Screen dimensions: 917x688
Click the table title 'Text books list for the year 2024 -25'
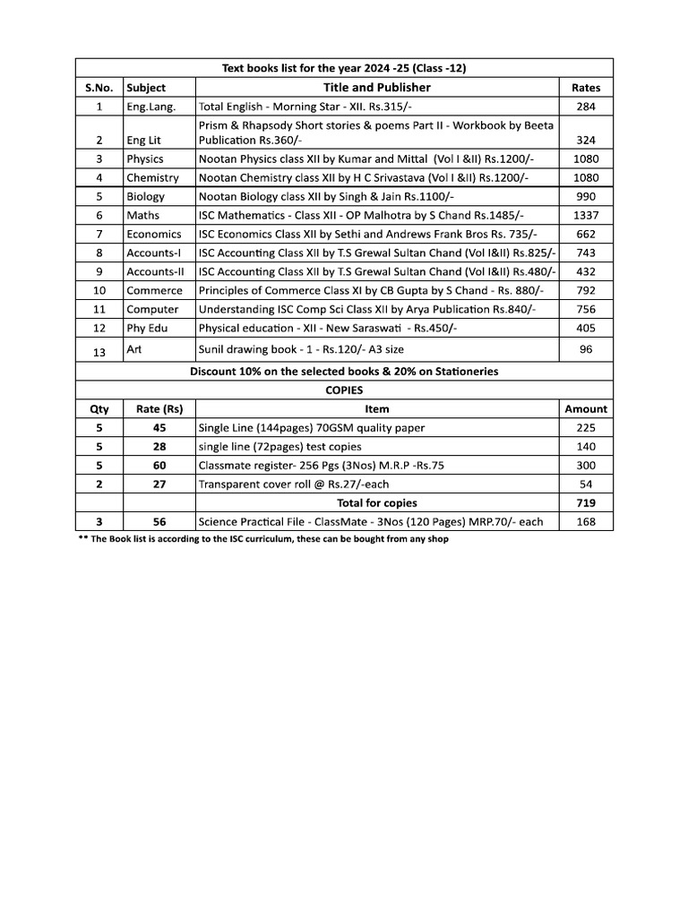(344, 68)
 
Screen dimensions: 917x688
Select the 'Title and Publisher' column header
(376, 87)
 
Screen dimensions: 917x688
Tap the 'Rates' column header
(586, 88)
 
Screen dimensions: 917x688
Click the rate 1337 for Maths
(586, 215)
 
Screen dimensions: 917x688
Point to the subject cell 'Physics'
(144, 159)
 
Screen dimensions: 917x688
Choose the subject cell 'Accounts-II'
(154, 271)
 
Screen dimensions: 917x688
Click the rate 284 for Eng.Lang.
(586, 107)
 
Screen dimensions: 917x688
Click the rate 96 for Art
(586, 349)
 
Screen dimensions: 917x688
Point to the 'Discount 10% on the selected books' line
(344, 371)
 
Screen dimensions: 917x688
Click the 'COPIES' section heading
(344, 390)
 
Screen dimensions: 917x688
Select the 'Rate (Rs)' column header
(159, 409)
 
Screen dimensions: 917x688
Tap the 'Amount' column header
(586, 409)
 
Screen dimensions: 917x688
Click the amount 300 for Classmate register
(586, 466)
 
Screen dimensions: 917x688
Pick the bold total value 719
(586, 503)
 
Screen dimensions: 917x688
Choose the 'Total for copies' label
(376, 503)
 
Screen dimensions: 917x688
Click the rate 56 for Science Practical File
(159, 522)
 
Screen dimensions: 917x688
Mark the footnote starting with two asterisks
(262, 539)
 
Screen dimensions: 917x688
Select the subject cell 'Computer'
(152, 309)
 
